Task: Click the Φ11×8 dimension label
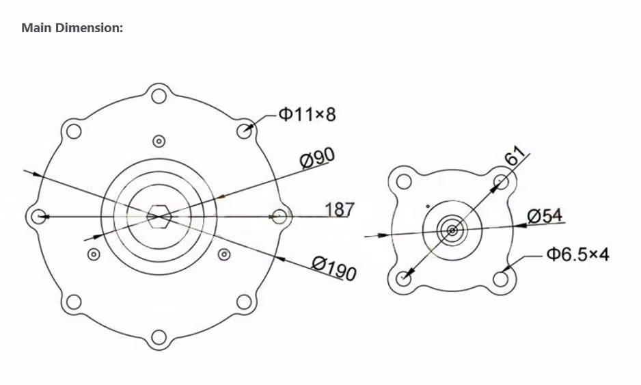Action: coord(307,114)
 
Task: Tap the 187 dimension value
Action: coord(340,209)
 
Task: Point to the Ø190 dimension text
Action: coord(334,267)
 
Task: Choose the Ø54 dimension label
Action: coord(545,216)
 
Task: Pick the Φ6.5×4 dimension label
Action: coord(577,255)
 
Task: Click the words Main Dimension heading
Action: coord(72,28)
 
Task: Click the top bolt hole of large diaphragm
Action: coord(159,94)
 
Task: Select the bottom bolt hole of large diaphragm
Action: coord(159,337)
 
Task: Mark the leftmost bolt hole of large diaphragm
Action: coord(38,216)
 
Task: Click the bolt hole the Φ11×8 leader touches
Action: coord(245,129)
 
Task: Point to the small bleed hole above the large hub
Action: coord(159,141)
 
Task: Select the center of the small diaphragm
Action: coord(452,230)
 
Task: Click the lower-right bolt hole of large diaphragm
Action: coord(245,302)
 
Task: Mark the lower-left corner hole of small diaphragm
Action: coord(404,278)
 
